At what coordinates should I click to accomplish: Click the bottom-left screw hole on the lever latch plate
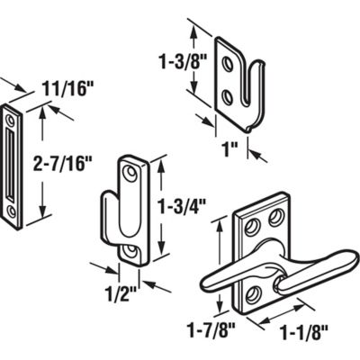click(x=253, y=290)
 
